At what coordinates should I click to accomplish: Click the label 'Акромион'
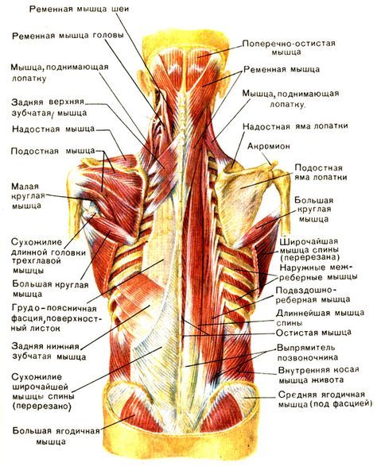[269, 146]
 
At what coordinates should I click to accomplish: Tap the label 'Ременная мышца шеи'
[80, 9]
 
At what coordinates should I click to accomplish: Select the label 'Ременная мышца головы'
[68, 36]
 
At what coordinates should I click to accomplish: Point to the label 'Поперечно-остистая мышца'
[289, 48]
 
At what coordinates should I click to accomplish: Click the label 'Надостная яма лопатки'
[295, 126]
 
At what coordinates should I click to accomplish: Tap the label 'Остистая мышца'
[313, 333]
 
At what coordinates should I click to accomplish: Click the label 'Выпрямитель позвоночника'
[307, 352]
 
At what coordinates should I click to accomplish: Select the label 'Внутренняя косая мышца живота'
[319, 375]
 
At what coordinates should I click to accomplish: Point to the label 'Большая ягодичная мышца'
[56, 436]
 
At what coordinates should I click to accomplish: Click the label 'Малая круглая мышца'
[28, 196]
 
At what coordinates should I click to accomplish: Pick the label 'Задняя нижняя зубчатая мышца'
[49, 352]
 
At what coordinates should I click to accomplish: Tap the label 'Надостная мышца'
[53, 129]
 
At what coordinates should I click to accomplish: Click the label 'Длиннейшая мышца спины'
[320, 318]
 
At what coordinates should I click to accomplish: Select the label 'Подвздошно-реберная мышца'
[313, 295]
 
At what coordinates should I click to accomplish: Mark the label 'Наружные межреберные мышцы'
[319, 272]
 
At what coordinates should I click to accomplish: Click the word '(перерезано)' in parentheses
[41, 406]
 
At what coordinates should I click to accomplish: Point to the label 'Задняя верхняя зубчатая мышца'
[49, 108]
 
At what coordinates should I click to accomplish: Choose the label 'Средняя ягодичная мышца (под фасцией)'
[325, 399]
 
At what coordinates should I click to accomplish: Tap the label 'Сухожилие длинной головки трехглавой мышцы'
[49, 256]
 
